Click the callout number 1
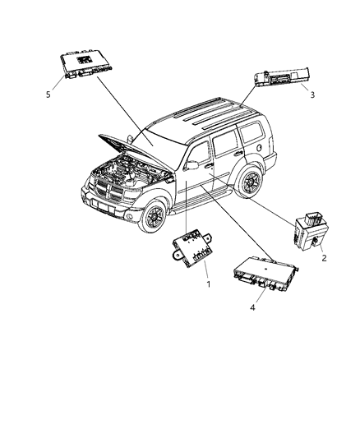point(209,284)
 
